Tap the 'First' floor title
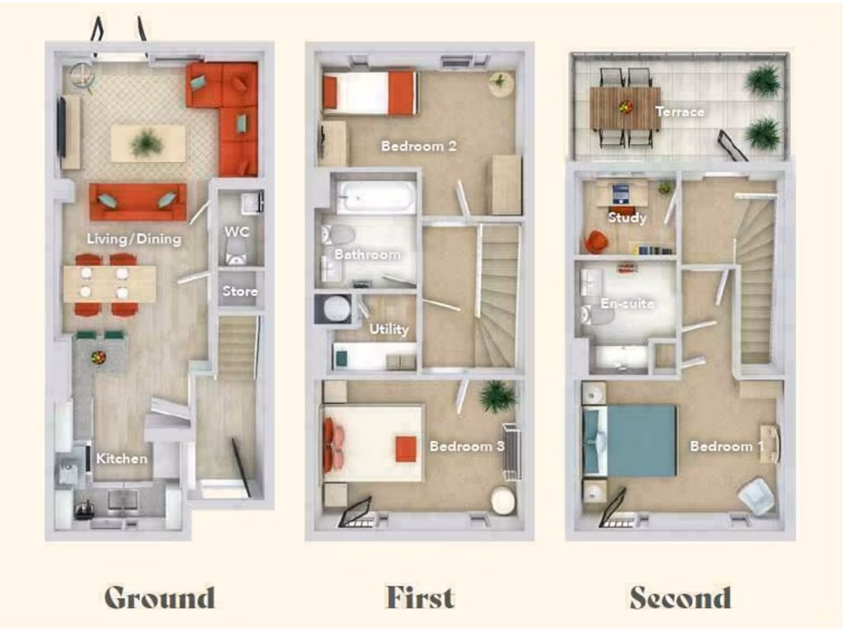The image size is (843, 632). [x=419, y=597]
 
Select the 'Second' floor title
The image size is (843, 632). [x=680, y=597]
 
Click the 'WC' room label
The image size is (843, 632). [x=236, y=232]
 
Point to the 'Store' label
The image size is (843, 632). [x=240, y=291]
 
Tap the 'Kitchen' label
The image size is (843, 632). [x=122, y=458]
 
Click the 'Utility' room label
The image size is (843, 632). [x=389, y=329]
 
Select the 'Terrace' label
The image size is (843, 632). [x=680, y=111]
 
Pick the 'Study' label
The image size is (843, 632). [x=626, y=218]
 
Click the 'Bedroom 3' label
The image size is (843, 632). [x=467, y=446]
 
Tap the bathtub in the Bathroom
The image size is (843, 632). [x=375, y=197]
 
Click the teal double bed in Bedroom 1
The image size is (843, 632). [x=630, y=440]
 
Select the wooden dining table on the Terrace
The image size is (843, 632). [x=625, y=108]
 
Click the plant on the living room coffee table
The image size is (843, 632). [x=147, y=143]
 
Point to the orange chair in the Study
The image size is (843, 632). [x=596, y=241]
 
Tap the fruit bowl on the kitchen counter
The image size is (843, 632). [x=99, y=358]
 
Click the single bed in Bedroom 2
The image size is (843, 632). [x=370, y=92]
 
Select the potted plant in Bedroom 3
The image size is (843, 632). [x=497, y=397]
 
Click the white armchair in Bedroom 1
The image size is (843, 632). [x=756, y=496]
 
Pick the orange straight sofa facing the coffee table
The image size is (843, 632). [x=137, y=201]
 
